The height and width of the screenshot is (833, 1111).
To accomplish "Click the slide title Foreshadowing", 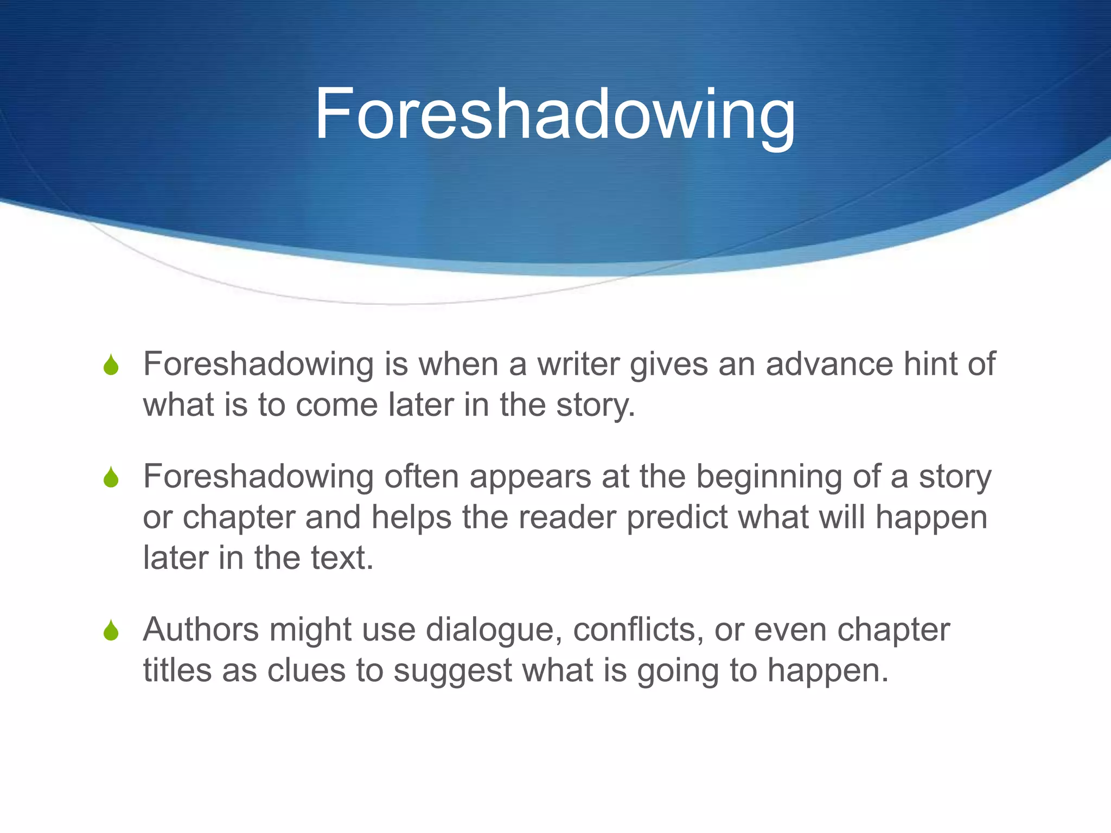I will click(x=554, y=115).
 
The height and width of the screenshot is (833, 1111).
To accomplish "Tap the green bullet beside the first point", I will click(x=111, y=365).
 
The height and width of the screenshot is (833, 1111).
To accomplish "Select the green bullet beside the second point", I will click(x=111, y=477).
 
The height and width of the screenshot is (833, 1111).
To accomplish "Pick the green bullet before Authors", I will click(x=111, y=631).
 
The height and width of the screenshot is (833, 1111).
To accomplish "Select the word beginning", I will click(x=769, y=477).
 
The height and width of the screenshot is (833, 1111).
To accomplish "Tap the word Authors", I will click(x=201, y=630).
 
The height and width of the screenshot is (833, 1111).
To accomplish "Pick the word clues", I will click(x=307, y=670).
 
